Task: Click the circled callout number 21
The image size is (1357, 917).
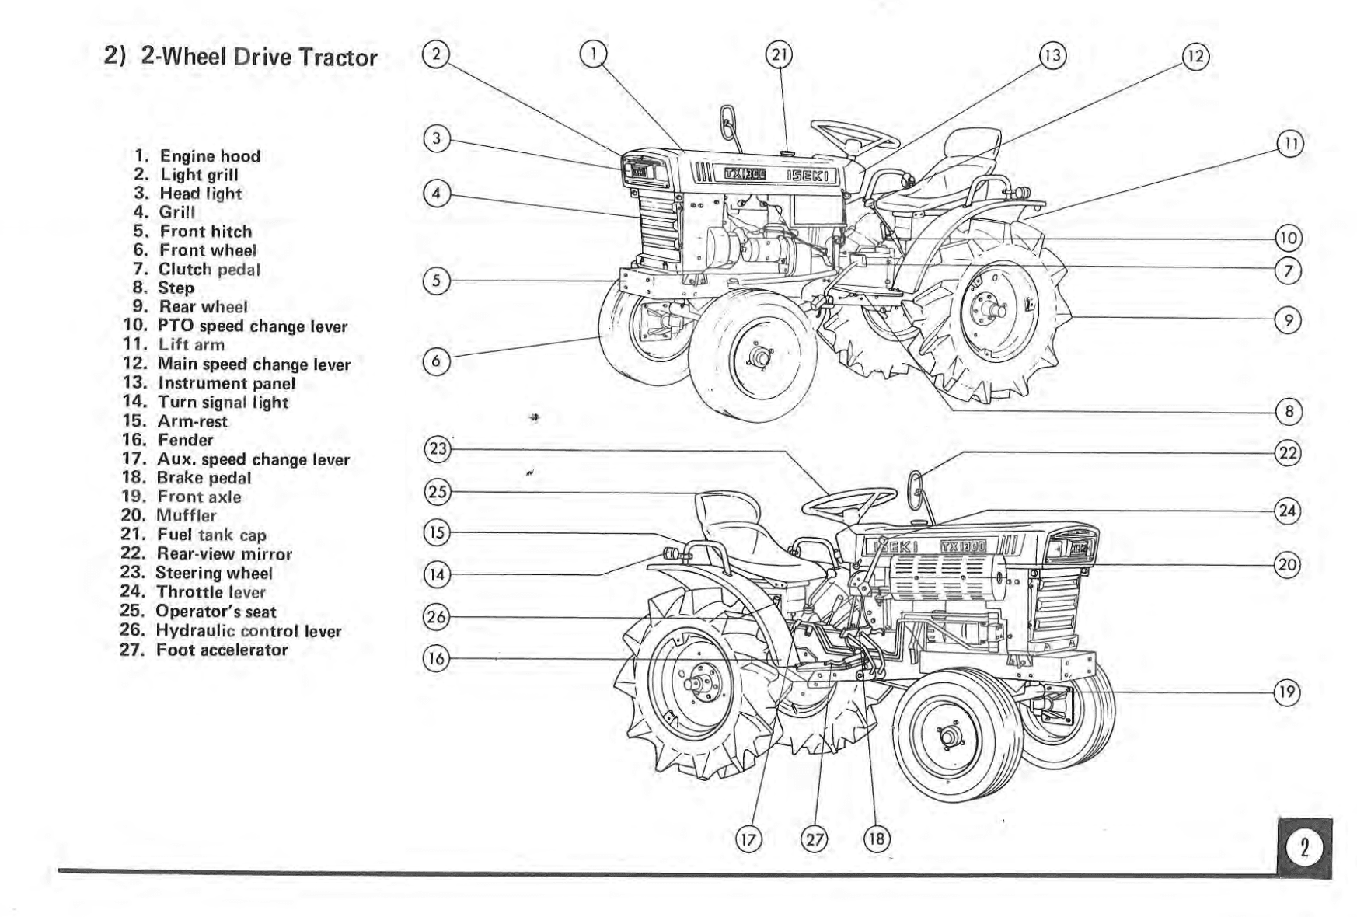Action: [779, 54]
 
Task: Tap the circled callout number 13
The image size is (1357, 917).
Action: [1053, 55]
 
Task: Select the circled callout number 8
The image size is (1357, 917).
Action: [1289, 412]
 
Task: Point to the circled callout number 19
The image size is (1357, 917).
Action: [1288, 692]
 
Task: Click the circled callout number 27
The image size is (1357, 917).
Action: [815, 839]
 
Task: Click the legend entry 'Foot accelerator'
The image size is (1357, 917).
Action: [222, 650]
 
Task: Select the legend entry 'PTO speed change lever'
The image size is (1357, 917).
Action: [252, 326]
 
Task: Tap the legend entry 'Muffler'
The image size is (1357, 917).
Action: [186, 515]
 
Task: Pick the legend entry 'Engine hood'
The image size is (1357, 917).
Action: [210, 156]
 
